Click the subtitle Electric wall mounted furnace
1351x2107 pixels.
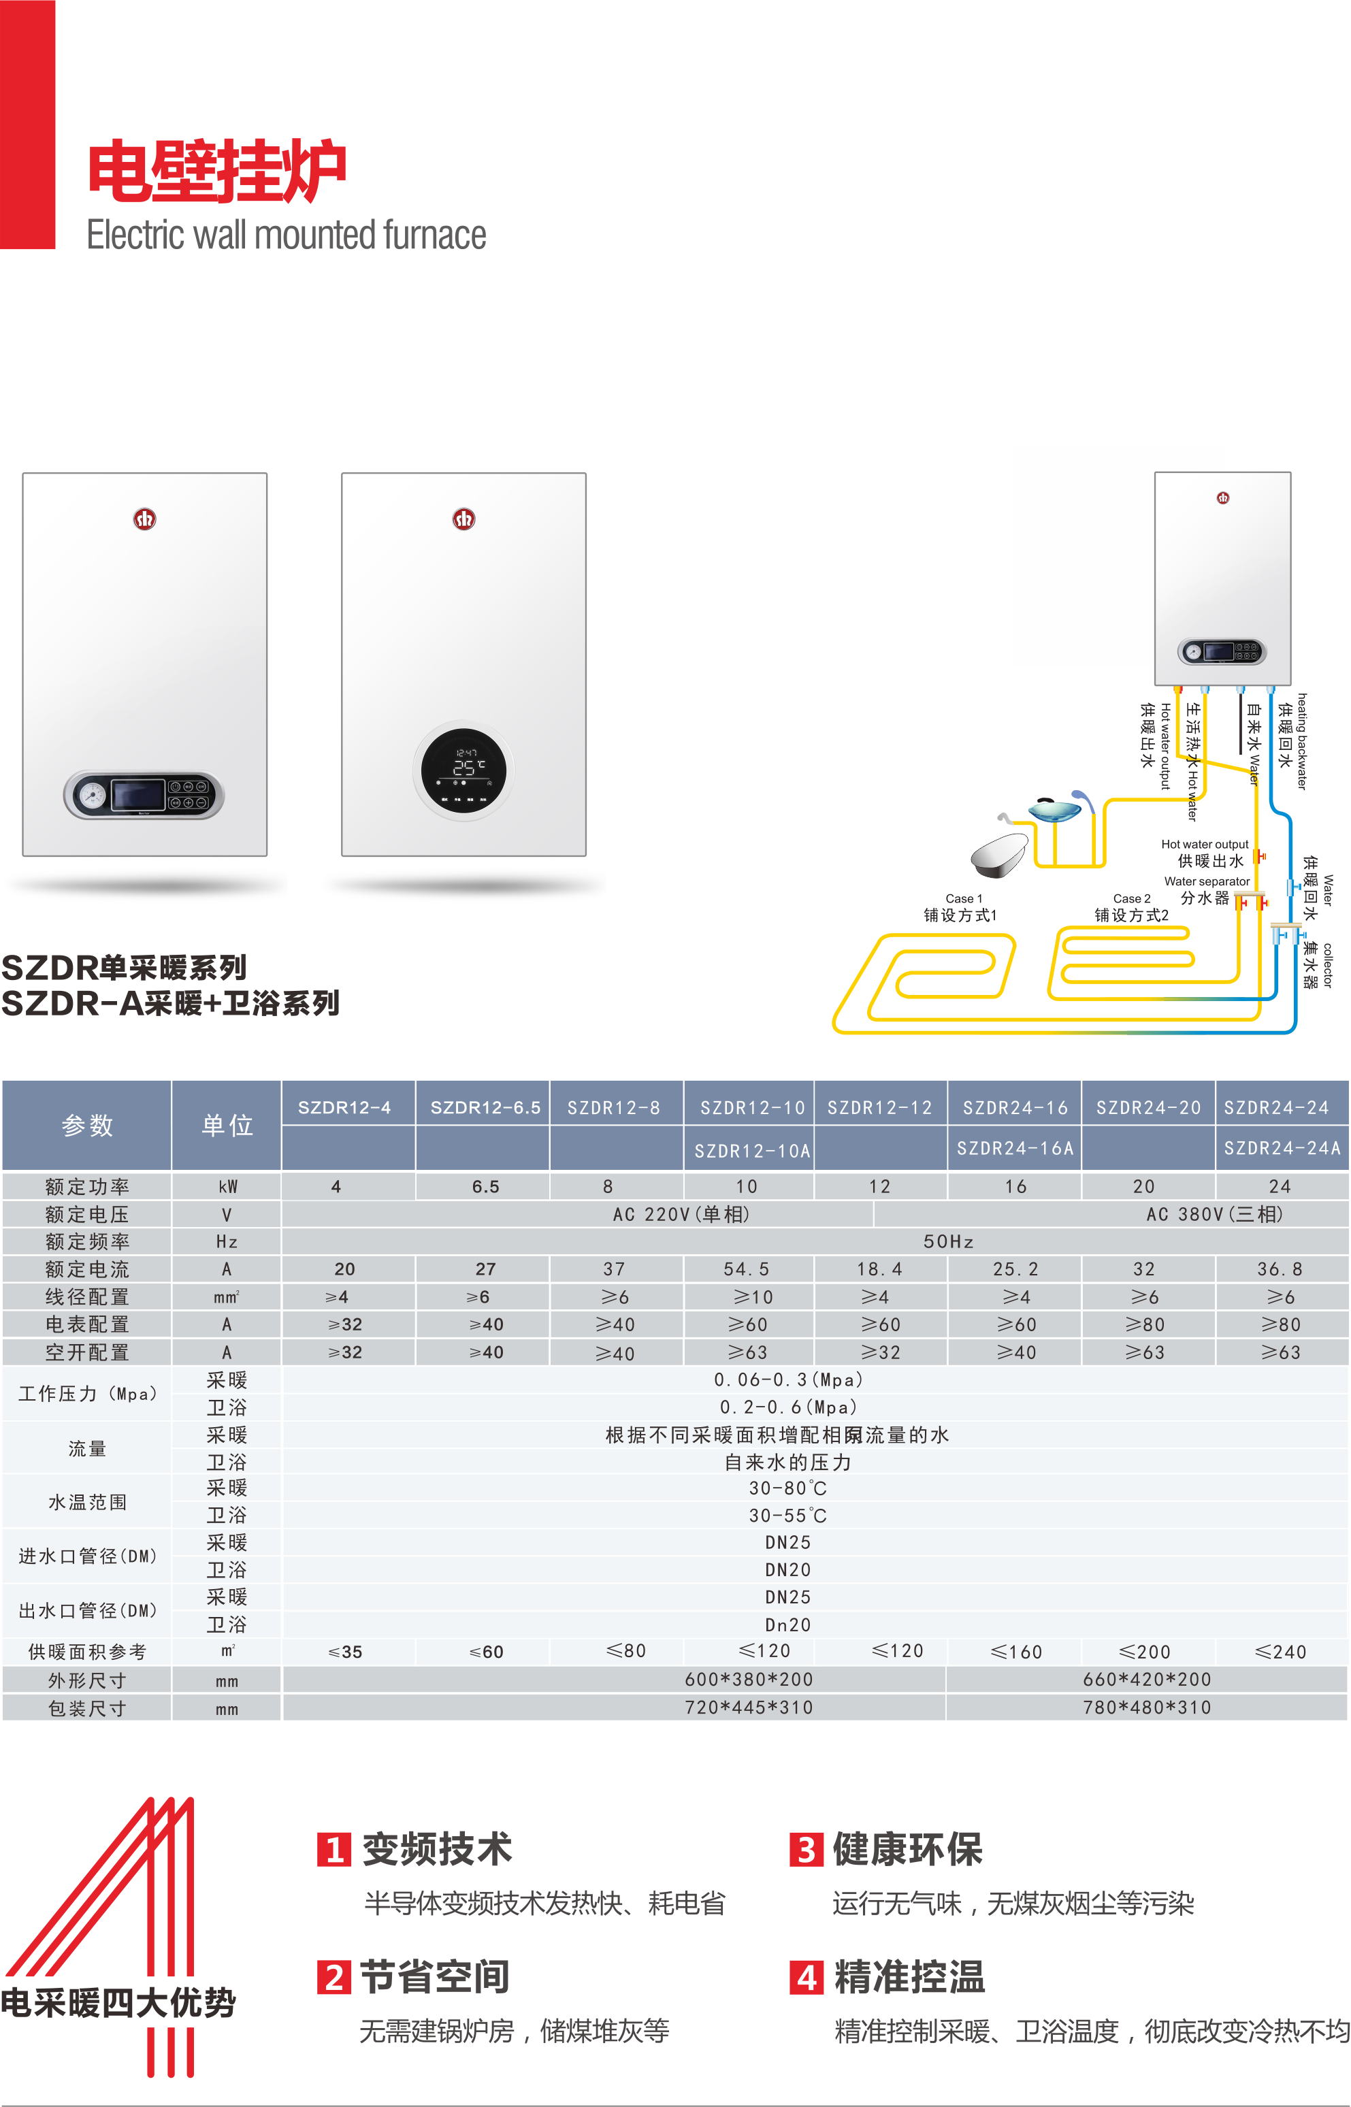click(x=286, y=235)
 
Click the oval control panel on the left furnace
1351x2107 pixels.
click(x=144, y=795)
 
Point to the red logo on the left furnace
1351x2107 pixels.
click(x=145, y=519)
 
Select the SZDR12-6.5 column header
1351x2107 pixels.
click(x=485, y=1107)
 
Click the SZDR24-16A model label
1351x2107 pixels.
click(x=1015, y=1148)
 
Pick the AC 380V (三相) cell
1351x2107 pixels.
click(x=1214, y=1214)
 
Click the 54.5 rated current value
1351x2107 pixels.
click(x=747, y=1269)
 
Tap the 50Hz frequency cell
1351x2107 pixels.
click(x=948, y=1241)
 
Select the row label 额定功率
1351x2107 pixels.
click(x=87, y=1187)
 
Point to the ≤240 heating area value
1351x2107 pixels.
click(x=1280, y=1652)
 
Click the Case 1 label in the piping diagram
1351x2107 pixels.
click(x=963, y=898)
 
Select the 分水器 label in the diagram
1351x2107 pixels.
click(x=1205, y=898)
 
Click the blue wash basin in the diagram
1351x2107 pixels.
click(x=1054, y=808)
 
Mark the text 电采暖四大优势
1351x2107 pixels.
click(x=118, y=2003)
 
